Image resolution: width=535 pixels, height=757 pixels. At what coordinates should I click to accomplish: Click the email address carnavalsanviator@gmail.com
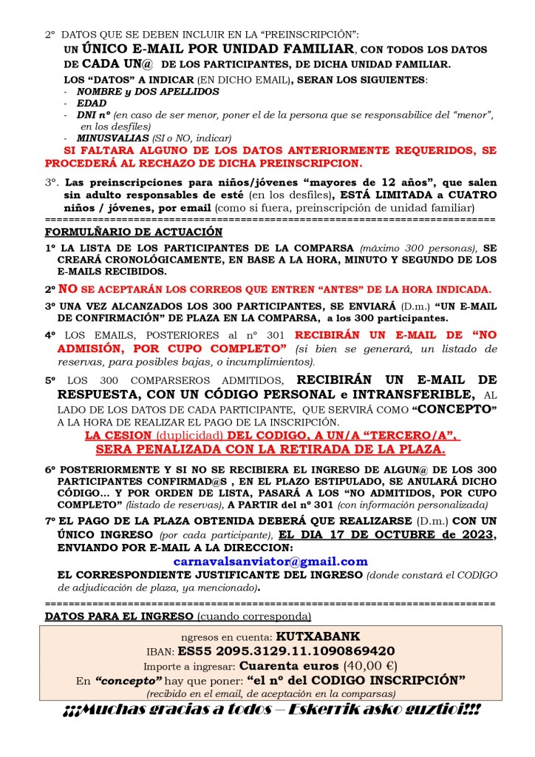pos(270,562)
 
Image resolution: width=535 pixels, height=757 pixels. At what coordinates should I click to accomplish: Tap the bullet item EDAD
pos(92,104)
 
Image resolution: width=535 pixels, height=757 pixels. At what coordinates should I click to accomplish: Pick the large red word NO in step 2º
pos(67,288)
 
